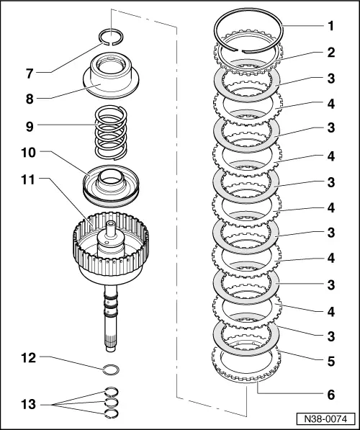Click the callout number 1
[331, 26]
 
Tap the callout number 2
[331, 52]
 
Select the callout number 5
[331, 361]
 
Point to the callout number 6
[331, 395]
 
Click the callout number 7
[30, 73]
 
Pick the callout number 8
[30, 99]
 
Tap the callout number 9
[30, 127]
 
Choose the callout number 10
[29, 153]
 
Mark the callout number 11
[29, 180]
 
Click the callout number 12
[29, 358]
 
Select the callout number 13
[29, 405]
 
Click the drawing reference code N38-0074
[325, 419]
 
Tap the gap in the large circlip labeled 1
[238, 50]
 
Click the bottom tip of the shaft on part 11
[111, 350]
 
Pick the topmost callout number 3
[331, 79]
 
